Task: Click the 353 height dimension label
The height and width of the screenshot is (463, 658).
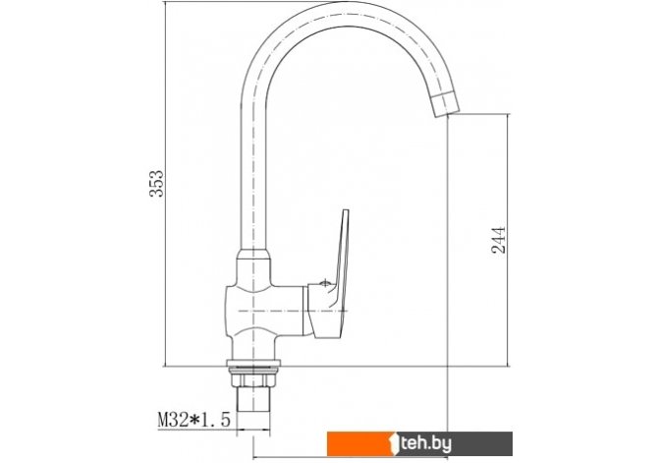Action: [x=157, y=184]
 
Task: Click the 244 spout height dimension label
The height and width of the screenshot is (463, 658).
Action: [x=499, y=240]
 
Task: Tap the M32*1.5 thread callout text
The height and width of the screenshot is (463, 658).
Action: [x=193, y=420]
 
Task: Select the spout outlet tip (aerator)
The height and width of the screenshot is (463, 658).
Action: [x=445, y=105]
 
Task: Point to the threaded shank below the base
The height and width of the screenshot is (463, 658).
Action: [x=253, y=399]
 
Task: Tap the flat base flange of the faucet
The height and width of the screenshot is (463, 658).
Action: [x=253, y=363]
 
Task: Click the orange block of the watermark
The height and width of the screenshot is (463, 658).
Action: [x=358, y=443]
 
